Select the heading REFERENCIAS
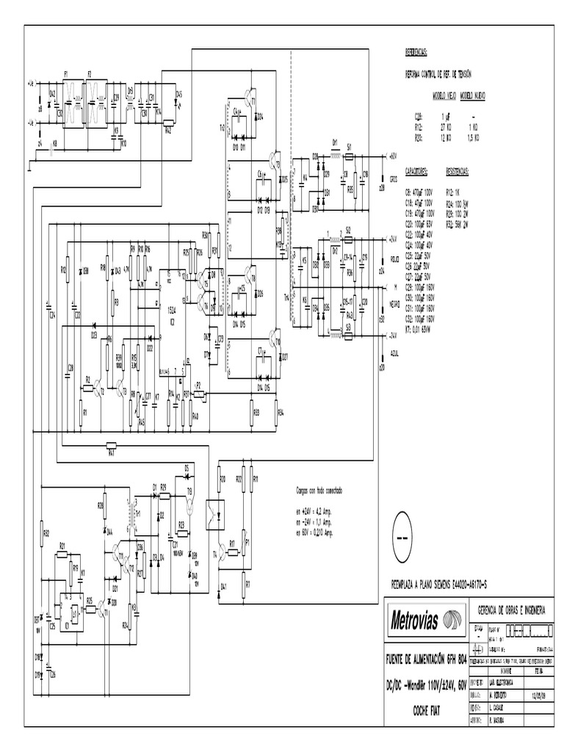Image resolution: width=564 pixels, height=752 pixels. [416, 54]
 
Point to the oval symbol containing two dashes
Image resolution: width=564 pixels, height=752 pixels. [404, 538]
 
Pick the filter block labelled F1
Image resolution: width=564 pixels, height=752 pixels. [73, 104]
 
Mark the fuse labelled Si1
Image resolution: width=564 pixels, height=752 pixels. [350, 156]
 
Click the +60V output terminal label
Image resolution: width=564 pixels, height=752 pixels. [391, 156]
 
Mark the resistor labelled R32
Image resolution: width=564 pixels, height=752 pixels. [43, 532]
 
